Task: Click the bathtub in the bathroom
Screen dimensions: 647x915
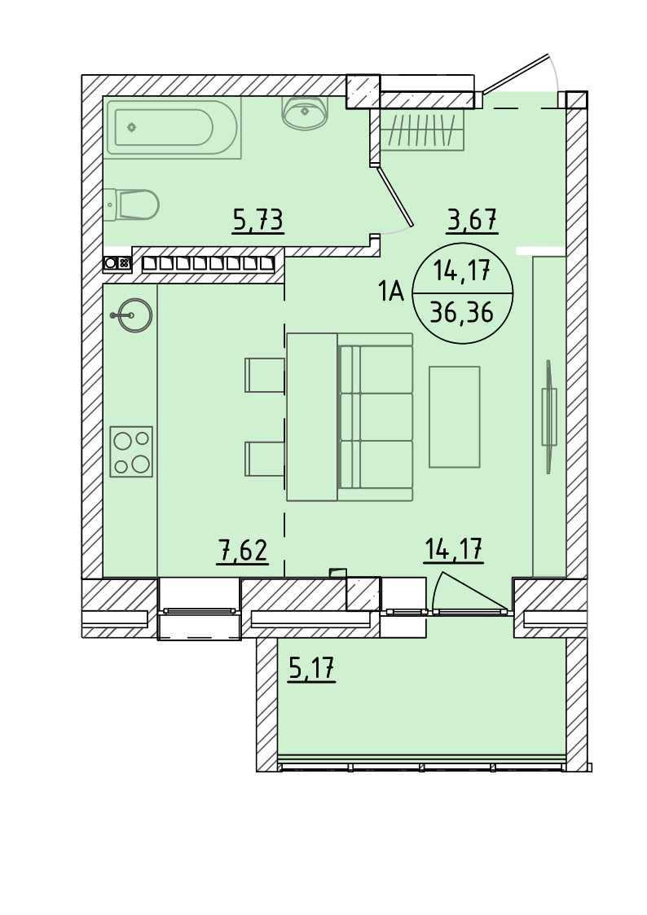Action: point(172,127)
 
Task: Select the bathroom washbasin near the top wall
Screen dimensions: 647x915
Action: point(305,112)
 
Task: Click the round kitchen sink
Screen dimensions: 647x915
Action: point(133,315)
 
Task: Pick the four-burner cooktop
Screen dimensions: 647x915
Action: point(131,451)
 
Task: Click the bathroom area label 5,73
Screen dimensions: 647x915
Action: point(257,221)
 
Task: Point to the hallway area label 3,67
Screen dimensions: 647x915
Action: point(472,221)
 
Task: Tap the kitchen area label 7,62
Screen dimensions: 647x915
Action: point(242,551)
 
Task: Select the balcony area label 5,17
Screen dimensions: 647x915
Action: point(312,669)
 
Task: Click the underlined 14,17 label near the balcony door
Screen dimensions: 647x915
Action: point(454,550)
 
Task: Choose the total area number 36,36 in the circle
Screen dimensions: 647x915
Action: point(461,314)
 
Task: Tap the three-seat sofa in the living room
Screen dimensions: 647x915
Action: point(375,416)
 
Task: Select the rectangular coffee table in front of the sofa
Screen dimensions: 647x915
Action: point(455,416)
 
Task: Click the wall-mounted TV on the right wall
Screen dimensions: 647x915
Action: point(549,416)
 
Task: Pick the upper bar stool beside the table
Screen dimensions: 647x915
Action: point(265,376)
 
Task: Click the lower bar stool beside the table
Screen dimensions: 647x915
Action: point(265,459)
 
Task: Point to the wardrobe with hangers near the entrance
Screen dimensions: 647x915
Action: point(425,130)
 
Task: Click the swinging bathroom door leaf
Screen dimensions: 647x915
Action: point(395,196)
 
